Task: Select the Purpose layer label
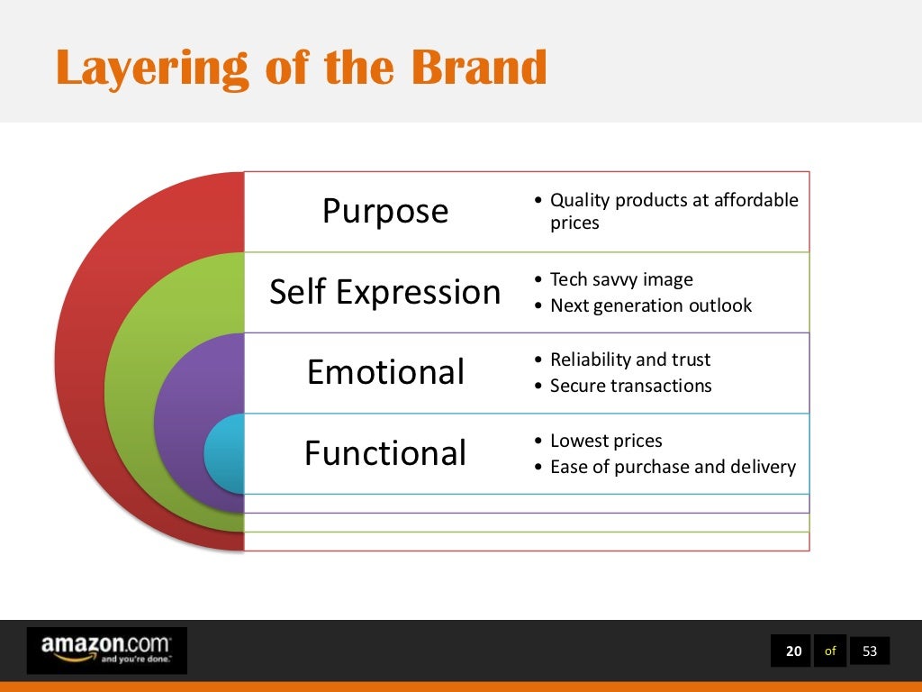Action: point(384,211)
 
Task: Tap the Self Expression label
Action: point(384,292)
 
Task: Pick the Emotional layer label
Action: point(384,372)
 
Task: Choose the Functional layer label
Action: point(384,452)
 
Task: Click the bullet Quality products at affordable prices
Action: point(673,211)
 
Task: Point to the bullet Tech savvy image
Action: point(621,279)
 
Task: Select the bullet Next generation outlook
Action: point(650,305)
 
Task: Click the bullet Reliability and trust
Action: point(629,360)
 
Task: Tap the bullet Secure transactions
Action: point(630,386)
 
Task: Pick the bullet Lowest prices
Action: point(605,441)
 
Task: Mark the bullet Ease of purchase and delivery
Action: point(673,467)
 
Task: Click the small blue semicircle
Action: point(225,453)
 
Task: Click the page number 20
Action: point(792,651)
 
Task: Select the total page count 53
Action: point(869,651)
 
